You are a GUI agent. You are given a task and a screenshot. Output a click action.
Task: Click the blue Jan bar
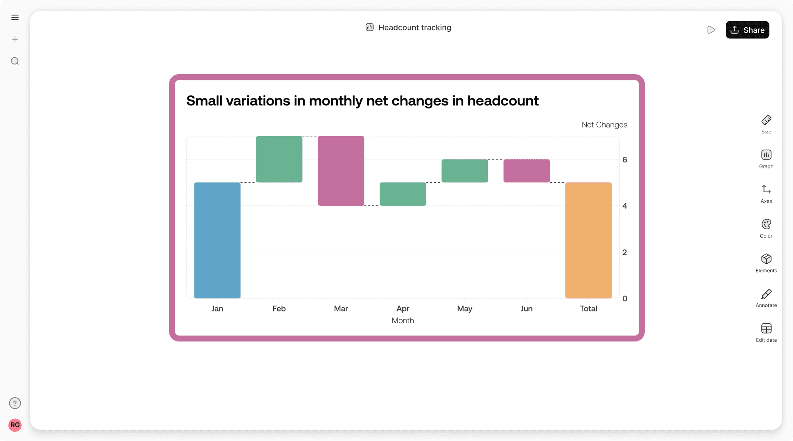pos(217,240)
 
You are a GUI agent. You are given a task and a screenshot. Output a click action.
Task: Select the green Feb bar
pos(279,159)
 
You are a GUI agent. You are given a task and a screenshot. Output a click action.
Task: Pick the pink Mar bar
pos(341,171)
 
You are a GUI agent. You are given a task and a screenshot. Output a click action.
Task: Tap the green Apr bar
pos(403,194)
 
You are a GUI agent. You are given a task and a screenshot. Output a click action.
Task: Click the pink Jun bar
pos(526,171)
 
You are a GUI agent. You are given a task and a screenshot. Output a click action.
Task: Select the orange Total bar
pos(588,240)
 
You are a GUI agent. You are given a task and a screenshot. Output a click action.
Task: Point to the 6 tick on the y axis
pos(625,160)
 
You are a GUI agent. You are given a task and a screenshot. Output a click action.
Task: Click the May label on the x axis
pos(465,308)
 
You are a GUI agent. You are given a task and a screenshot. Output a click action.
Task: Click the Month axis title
pos(403,320)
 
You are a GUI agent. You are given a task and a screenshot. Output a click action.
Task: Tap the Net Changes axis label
pos(604,125)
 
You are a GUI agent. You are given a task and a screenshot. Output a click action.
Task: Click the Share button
pos(747,30)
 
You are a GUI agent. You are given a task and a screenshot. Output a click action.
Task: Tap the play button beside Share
pos(711,30)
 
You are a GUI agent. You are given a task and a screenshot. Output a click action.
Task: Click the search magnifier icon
pos(15,61)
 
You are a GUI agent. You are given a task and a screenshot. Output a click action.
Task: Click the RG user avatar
pos(15,425)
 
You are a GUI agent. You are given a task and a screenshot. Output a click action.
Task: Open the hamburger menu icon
pos(15,17)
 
